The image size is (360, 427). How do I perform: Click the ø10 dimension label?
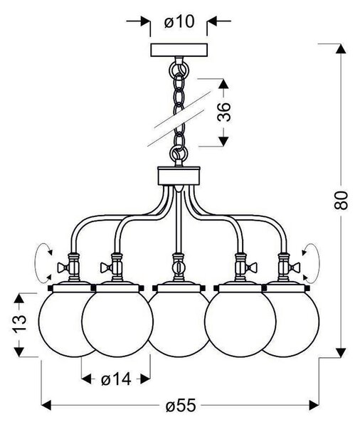[x=179, y=21]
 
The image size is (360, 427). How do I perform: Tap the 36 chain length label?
[x=224, y=112]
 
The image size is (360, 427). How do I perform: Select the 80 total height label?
[x=341, y=200]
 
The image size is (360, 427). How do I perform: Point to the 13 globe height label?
[x=19, y=323]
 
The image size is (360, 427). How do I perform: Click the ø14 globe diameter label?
[x=116, y=379]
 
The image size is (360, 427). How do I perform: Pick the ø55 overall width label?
[x=181, y=405]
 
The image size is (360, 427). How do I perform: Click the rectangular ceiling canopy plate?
[x=179, y=50]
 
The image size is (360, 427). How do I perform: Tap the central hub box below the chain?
[x=179, y=176]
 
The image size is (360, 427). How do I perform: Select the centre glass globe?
[x=179, y=324]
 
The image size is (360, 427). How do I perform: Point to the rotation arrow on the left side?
[x=36, y=263]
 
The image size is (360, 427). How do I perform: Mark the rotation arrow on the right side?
[x=318, y=263]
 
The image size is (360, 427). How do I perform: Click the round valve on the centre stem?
[x=179, y=267]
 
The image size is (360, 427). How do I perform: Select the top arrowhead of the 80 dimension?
[x=340, y=48]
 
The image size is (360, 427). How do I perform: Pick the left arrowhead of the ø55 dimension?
[x=46, y=405]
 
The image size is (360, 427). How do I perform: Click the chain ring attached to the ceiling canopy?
[x=179, y=69]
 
